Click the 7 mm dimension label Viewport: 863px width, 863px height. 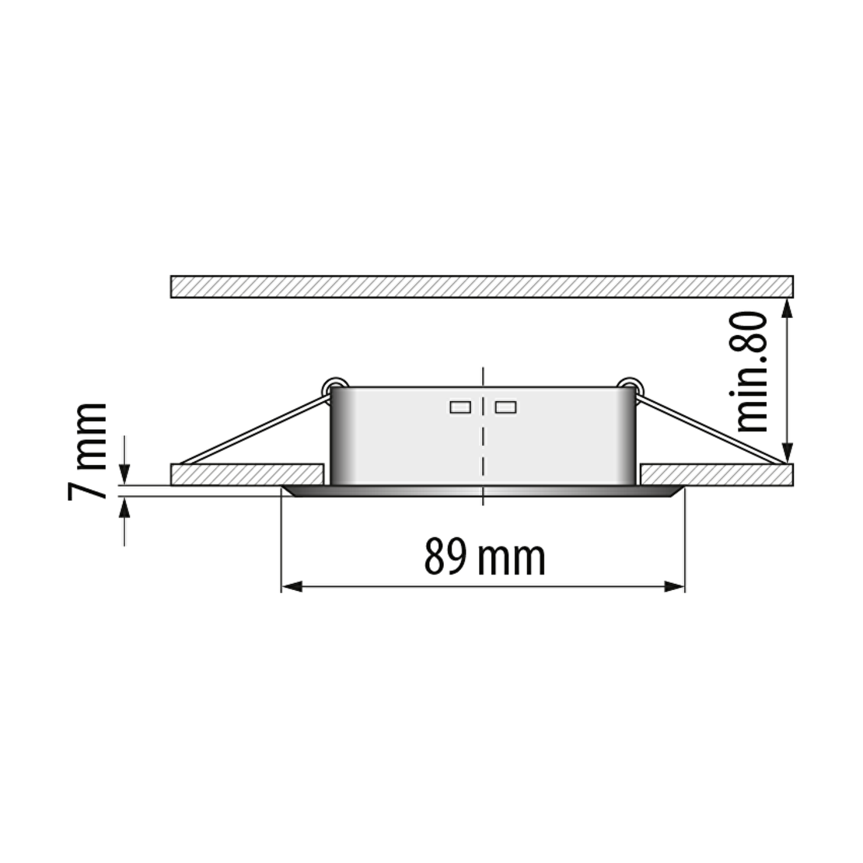tap(88, 452)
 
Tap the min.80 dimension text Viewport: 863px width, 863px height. tap(751, 372)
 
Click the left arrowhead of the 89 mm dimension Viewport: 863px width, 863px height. tap(292, 587)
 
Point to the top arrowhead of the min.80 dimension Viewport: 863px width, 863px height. tap(788, 308)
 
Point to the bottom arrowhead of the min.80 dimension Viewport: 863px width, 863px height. tap(788, 453)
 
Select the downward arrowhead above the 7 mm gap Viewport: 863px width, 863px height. tap(124, 474)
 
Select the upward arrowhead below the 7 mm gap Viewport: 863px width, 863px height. tap(124, 508)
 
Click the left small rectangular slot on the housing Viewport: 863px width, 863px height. tap(460, 407)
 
